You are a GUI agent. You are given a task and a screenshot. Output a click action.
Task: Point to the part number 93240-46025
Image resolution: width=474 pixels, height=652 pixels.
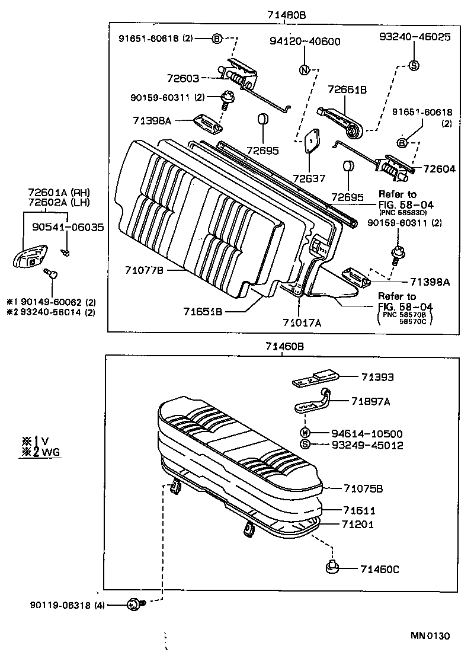click(415, 37)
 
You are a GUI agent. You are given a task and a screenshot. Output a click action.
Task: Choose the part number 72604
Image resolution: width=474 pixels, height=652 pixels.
click(439, 169)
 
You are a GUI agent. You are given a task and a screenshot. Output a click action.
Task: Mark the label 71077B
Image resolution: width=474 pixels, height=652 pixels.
click(143, 270)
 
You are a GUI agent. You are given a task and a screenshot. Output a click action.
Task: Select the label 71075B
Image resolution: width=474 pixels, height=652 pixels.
click(363, 488)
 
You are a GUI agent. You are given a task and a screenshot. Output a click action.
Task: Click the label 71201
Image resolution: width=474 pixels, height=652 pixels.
click(357, 525)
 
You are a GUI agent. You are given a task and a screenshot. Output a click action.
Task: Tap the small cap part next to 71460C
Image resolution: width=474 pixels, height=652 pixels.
click(331, 568)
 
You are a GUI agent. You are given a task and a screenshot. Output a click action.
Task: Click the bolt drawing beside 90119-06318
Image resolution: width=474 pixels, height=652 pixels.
click(133, 605)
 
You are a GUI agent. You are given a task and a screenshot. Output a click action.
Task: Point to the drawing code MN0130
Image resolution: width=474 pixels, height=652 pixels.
click(431, 636)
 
